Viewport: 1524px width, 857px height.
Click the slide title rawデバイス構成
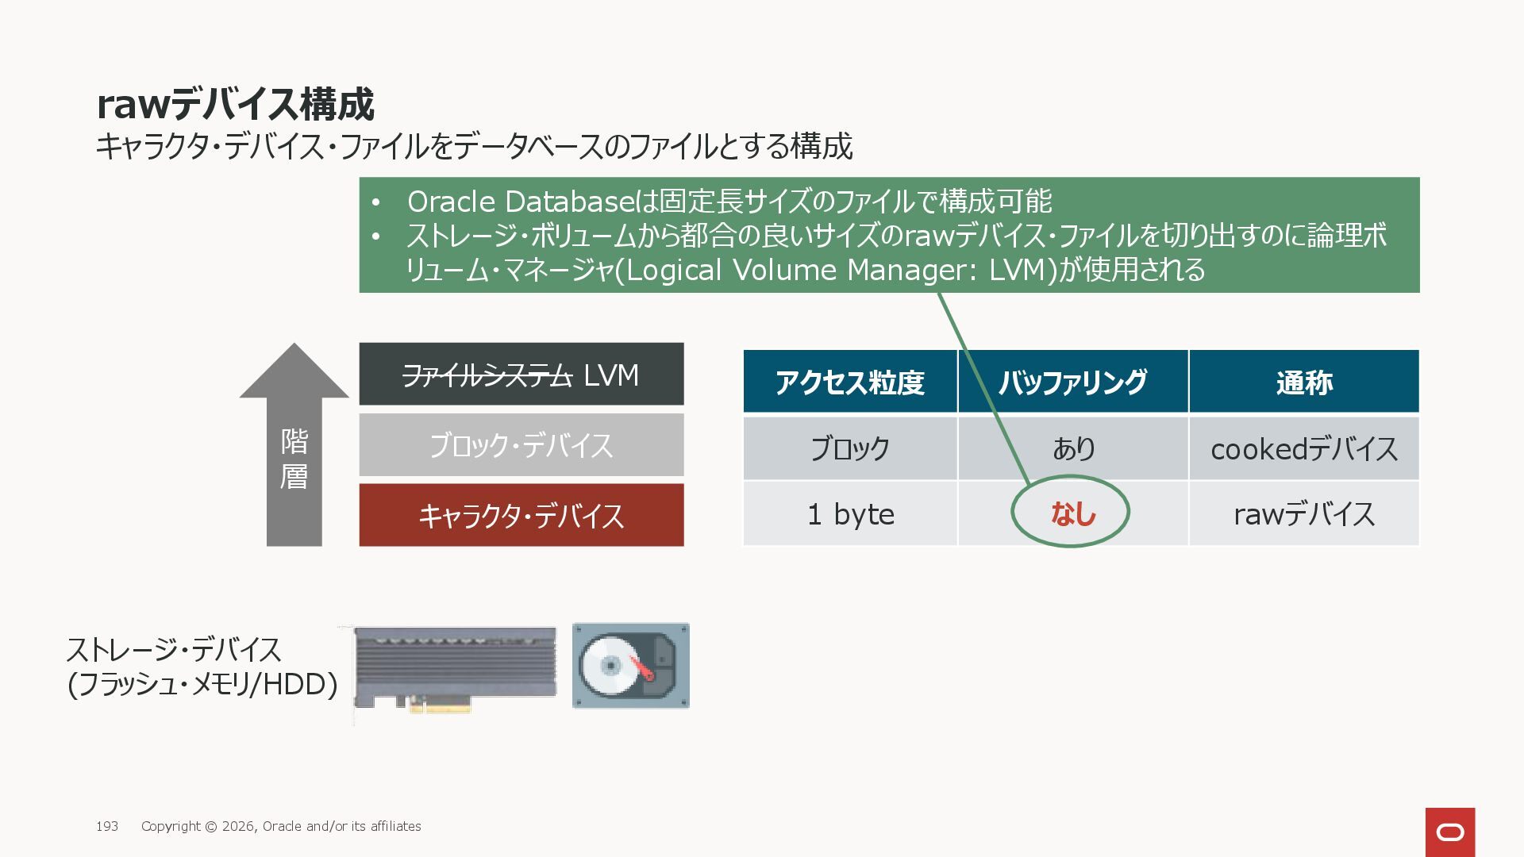pos(235,104)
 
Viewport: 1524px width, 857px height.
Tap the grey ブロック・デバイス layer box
pos(521,445)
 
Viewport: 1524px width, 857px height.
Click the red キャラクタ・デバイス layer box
pos(521,516)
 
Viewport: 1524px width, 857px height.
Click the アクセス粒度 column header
pos(849,382)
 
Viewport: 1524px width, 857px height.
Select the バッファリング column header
pos(1072,382)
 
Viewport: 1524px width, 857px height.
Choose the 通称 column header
pos(1303,382)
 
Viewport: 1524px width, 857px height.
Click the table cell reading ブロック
pos(849,449)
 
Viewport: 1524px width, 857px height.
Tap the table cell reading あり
pos(1072,449)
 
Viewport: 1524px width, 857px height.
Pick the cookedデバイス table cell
pos(1303,449)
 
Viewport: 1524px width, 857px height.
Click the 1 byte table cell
pos(849,514)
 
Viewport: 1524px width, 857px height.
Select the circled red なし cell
pos(1072,513)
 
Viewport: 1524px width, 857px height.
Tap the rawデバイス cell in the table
pos(1303,514)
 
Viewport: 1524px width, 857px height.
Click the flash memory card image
pos(454,668)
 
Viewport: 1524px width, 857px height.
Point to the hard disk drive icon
pos(630,666)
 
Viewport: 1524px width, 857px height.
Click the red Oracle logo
pos(1449,832)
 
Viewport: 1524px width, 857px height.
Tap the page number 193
pos(107,826)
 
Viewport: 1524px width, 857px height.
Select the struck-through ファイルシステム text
pos(487,375)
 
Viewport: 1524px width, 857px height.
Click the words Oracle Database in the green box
pos(519,202)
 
